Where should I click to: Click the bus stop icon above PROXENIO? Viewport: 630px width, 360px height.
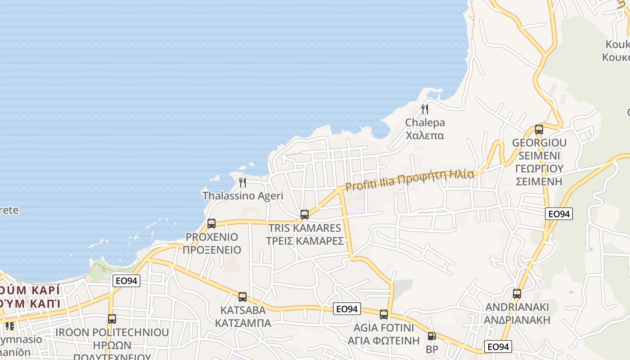click(211, 223)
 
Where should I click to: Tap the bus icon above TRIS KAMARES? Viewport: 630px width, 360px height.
click(305, 215)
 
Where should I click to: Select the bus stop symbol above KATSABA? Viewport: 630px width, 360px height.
click(243, 297)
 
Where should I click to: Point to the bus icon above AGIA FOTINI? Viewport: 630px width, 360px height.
click(384, 315)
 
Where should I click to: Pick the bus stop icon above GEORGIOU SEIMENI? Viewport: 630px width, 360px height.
click(539, 130)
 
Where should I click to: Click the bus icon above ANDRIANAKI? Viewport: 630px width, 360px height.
click(517, 294)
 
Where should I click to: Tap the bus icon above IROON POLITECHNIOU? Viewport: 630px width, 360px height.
click(112, 319)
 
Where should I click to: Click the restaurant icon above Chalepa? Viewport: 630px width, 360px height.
click(424, 109)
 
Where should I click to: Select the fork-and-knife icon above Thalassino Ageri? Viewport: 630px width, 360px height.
click(243, 182)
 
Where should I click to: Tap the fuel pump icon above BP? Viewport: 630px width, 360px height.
click(432, 336)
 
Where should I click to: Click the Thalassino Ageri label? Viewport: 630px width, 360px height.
click(243, 196)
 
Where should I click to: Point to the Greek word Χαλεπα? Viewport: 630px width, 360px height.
click(425, 135)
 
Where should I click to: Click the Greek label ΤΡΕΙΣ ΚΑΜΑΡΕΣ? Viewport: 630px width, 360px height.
click(305, 241)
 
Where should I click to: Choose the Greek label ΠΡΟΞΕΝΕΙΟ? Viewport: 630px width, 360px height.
click(212, 250)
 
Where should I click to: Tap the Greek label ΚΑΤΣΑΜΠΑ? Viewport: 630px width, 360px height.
click(243, 323)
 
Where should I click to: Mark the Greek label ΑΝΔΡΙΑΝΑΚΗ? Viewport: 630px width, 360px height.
click(517, 320)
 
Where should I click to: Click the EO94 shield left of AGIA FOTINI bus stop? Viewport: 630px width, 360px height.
click(347, 309)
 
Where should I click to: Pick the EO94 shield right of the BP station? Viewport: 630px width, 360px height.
click(498, 346)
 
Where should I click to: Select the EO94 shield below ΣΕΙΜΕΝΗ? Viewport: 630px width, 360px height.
click(559, 214)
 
